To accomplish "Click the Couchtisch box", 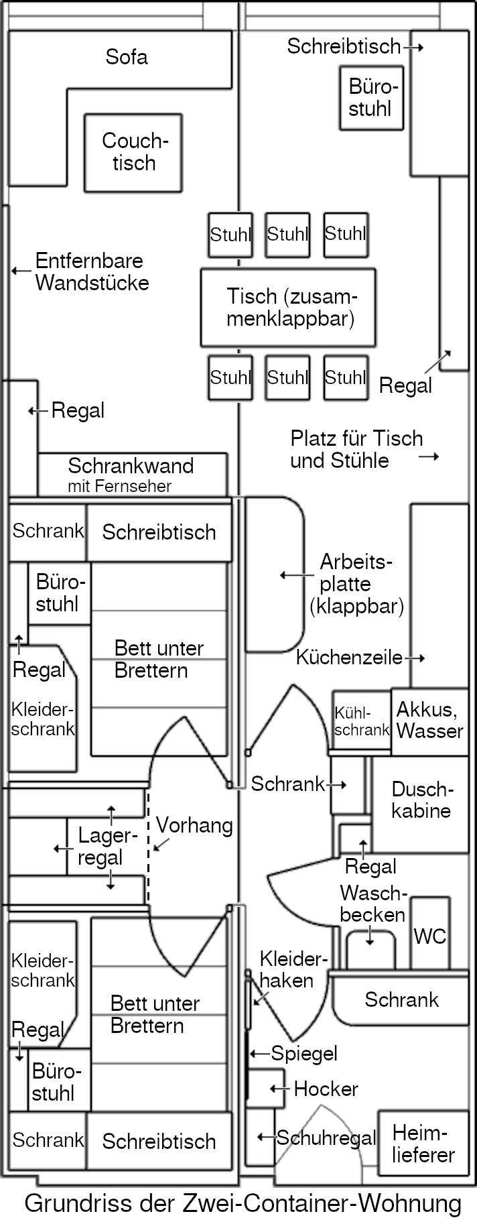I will (x=133, y=152).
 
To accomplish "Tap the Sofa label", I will (x=126, y=56).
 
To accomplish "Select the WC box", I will (x=429, y=936).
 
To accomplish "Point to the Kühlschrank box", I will (x=362, y=722).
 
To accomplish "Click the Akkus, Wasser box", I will (x=429, y=720).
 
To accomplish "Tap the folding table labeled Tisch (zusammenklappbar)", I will (x=288, y=307).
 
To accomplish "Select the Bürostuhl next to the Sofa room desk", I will (x=371, y=98).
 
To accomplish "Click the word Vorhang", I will (x=194, y=825).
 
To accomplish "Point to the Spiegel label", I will (x=303, y=1053).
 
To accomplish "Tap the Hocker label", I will (x=326, y=1089).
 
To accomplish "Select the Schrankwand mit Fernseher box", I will (x=131, y=475).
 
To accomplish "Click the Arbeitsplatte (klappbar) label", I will (x=356, y=583).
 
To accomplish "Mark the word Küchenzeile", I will (x=349, y=658).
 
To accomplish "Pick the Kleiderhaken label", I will (x=286, y=969).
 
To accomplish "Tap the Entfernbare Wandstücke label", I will (x=92, y=271).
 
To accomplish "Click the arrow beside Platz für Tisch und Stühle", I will (x=429, y=456).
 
